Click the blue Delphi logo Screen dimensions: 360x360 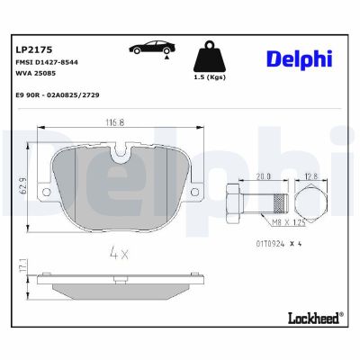pyautogui.click(x=299, y=58)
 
